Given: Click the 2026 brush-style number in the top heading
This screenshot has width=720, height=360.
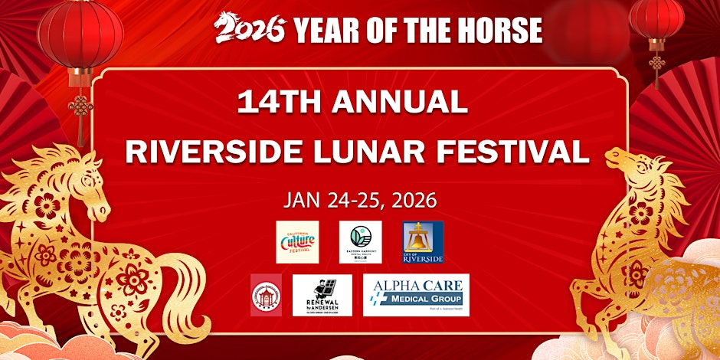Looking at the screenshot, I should [250, 29].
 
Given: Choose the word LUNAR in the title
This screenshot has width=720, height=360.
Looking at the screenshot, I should [372, 151].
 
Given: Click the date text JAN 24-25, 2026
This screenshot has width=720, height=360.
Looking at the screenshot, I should [360, 201].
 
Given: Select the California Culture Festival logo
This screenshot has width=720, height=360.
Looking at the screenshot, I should [297, 242].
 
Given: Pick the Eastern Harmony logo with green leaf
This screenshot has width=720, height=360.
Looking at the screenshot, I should [360, 242].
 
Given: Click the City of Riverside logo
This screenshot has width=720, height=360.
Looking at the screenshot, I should [423, 242].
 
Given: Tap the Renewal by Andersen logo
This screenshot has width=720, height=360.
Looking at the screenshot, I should [322, 295].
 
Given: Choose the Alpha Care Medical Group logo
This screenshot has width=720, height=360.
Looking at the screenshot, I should [416, 295].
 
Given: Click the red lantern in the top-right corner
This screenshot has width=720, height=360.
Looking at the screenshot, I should [656, 19].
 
